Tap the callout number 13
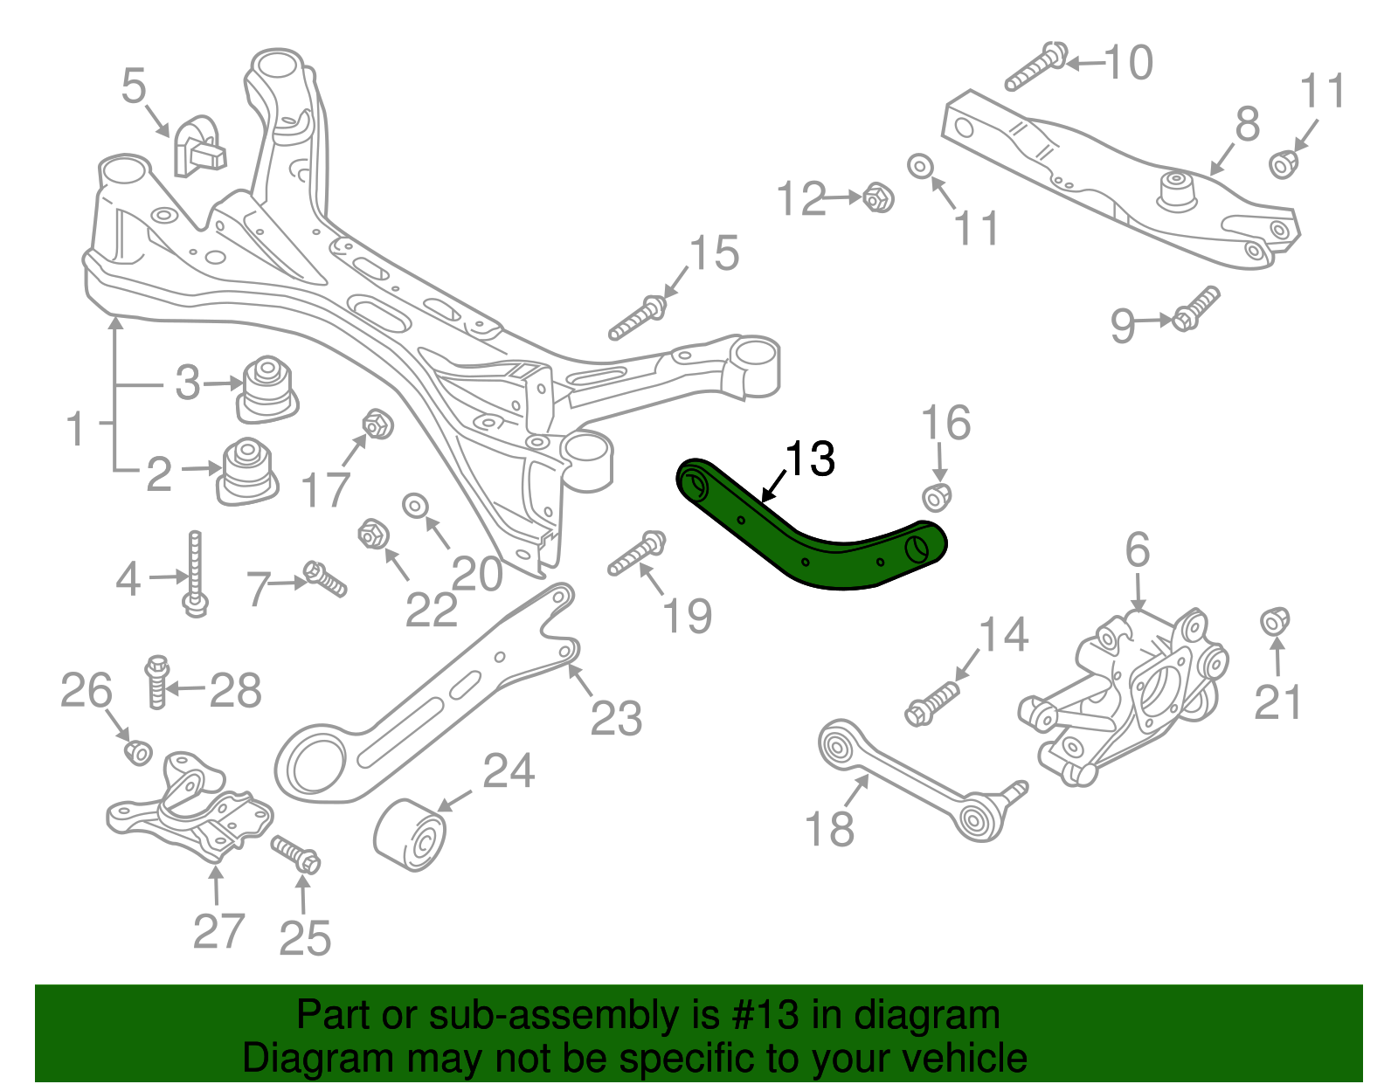tap(810, 459)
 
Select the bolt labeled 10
tap(1035, 66)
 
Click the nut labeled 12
tap(877, 197)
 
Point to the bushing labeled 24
tap(411, 835)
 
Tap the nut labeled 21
tap(1276, 621)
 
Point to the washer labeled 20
tap(415, 505)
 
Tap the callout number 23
tap(616, 719)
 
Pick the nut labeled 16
tap(937, 496)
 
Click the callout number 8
tap(1247, 124)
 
